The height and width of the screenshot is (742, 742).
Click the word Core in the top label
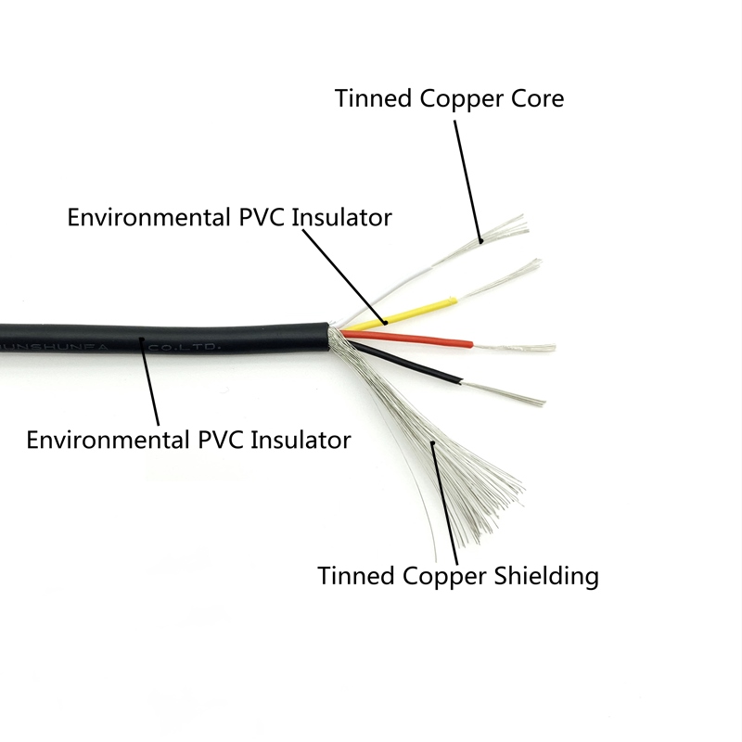(x=532, y=98)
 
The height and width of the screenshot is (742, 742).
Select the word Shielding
(x=543, y=575)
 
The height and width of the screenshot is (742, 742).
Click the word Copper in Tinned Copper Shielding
(x=442, y=575)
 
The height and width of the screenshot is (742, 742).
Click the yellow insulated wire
(x=408, y=312)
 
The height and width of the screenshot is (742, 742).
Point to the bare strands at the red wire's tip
(x=515, y=348)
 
